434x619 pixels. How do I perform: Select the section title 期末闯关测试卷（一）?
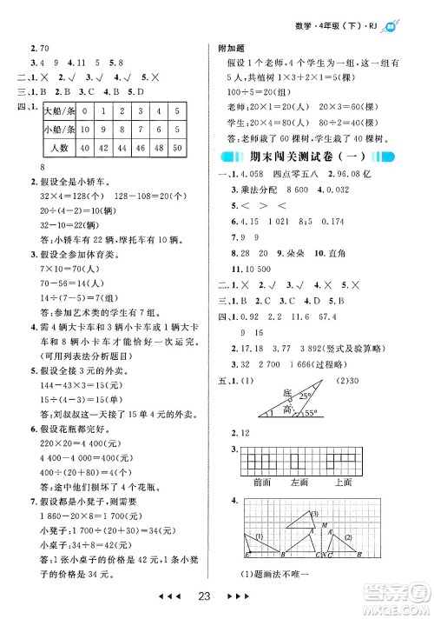[322, 158]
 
